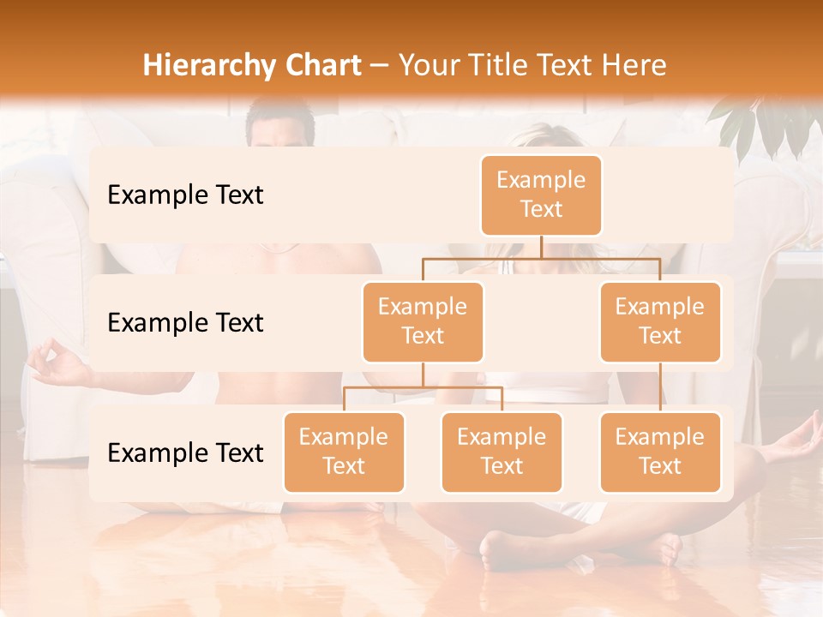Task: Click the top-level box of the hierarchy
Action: click(x=541, y=195)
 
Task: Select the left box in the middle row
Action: click(x=423, y=321)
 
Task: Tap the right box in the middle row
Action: click(x=660, y=321)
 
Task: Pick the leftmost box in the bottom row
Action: click(x=344, y=452)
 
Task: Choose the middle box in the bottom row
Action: click(x=502, y=452)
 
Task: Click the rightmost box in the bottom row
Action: click(x=660, y=452)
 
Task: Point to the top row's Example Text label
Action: click(x=185, y=195)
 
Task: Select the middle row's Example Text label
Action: click(x=185, y=322)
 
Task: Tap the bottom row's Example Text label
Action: click(x=185, y=452)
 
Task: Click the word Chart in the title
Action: click(x=318, y=65)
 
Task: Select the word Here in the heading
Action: click(x=634, y=65)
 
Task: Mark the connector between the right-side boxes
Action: click(x=660, y=387)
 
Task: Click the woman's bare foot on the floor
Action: click(x=497, y=548)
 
